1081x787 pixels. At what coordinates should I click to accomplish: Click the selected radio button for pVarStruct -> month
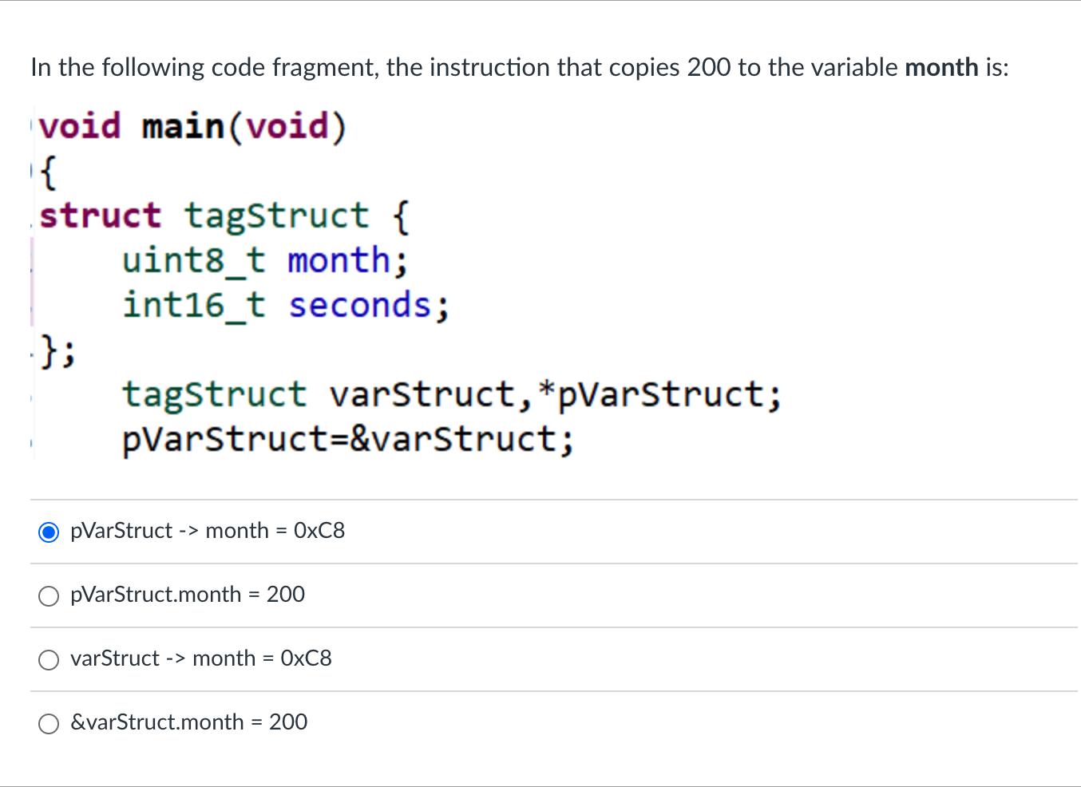point(49,532)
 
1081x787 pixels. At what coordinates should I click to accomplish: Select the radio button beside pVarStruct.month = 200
point(49,595)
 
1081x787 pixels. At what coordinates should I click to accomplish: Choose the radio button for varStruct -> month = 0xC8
point(49,659)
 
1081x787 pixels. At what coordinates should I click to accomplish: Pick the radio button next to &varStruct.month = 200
point(49,723)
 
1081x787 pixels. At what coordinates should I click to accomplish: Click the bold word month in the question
point(941,67)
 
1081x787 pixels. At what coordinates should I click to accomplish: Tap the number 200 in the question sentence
point(709,67)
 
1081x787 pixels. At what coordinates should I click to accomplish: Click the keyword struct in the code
point(101,216)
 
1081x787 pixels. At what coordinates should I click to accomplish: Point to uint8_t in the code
point(193,261)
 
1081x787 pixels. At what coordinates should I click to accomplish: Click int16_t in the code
point(193,306)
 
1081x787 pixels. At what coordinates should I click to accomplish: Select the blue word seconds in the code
point(360,306)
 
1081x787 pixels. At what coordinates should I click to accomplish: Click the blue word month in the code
point(339,261)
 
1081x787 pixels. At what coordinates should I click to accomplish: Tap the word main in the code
point(183,127)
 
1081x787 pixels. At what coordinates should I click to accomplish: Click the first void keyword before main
point(80,127)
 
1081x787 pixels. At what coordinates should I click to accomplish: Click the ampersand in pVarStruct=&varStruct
point(360,439)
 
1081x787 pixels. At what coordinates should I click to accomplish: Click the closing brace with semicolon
point(57,350)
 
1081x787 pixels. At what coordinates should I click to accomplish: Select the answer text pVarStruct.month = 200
point(188,595)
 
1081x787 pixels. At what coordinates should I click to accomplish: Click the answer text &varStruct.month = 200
point(188,722)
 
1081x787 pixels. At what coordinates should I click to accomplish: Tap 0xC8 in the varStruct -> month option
point(306,658)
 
